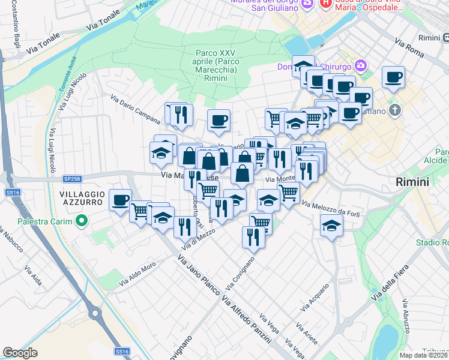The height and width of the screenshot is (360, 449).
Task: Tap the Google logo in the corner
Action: coord(20,353)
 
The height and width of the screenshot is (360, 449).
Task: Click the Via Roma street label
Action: coord(409,47)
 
